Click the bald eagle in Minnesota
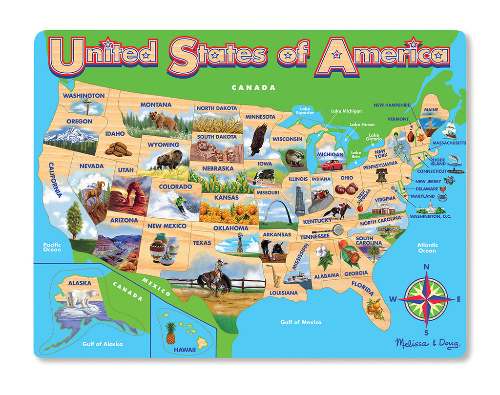coord(258,140)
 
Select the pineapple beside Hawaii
coord(170,333)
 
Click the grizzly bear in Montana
coord(164,121)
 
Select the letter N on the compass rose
coord(426,267)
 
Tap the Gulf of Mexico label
coord(301,322)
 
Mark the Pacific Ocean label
coord(52,247)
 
